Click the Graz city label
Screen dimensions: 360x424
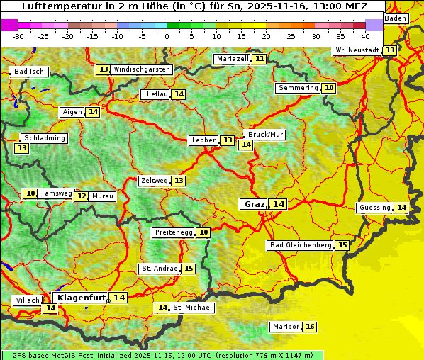254,204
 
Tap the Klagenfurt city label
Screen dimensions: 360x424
82,298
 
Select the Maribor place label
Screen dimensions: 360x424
285,327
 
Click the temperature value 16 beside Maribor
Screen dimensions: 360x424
310,327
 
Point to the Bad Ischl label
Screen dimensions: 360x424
30,72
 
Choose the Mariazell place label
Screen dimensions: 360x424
233,59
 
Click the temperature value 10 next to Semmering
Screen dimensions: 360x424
328,88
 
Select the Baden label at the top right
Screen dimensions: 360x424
396,18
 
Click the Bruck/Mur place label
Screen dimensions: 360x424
265,134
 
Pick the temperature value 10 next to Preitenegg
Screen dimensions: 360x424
203,232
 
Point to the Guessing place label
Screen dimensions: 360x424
374,208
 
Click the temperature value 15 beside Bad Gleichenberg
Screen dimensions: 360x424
342,245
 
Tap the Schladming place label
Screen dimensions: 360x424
44,138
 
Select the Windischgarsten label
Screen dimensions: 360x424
142,69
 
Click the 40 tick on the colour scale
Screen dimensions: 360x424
365,35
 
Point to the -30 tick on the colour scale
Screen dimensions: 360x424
18,35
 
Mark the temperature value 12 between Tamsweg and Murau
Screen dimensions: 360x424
81,196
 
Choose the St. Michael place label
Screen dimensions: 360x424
193,308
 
